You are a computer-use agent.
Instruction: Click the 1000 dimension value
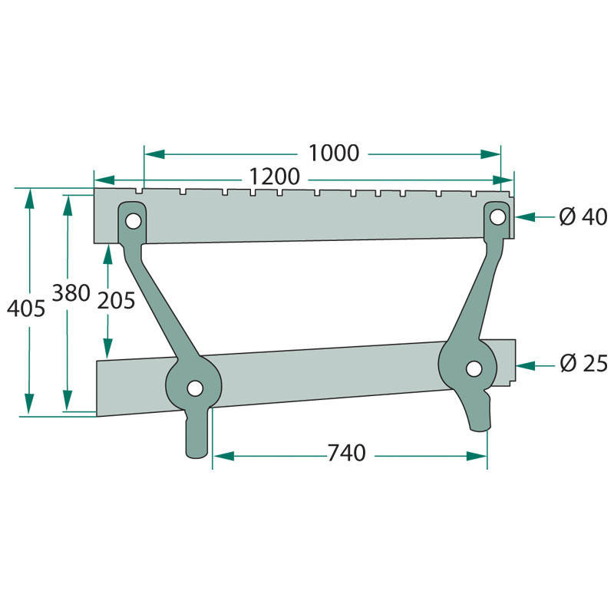coord(334,153)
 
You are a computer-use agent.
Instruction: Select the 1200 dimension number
coord(273,177)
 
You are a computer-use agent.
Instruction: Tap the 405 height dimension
coord(26,309)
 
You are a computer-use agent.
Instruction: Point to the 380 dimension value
coord(71,292)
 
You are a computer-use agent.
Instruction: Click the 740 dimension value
coord(346,454)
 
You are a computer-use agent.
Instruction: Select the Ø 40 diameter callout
coord(583,217)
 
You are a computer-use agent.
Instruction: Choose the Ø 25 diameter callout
coord(583,364)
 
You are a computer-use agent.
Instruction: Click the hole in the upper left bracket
coord(134,221)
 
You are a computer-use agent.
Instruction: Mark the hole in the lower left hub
coord(195,388)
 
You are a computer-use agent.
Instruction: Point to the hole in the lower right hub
coord(475,368)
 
